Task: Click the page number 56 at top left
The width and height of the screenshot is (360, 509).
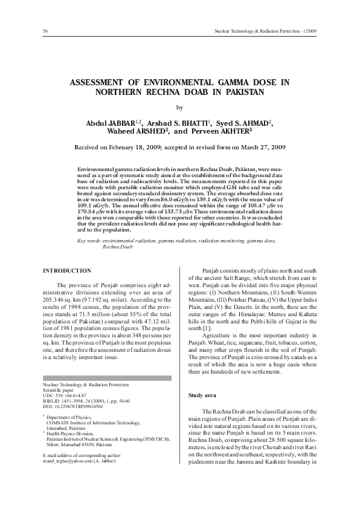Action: [x=46, y=31]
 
